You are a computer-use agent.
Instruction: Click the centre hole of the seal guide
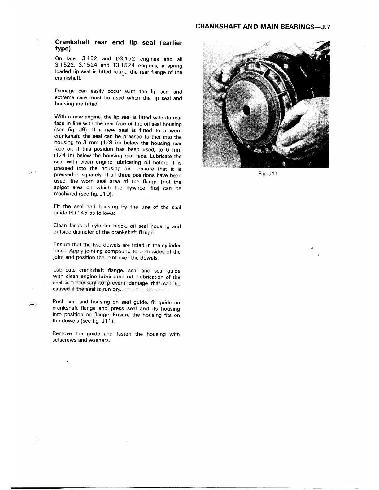(247, 110)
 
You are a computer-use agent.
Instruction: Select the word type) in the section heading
(63, 49)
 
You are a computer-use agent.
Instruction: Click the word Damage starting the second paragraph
(65, 91)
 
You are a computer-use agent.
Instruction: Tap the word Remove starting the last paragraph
(62, 333)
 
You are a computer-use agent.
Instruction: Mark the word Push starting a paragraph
(59, 302)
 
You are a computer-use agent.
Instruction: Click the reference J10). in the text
(105, 194)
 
